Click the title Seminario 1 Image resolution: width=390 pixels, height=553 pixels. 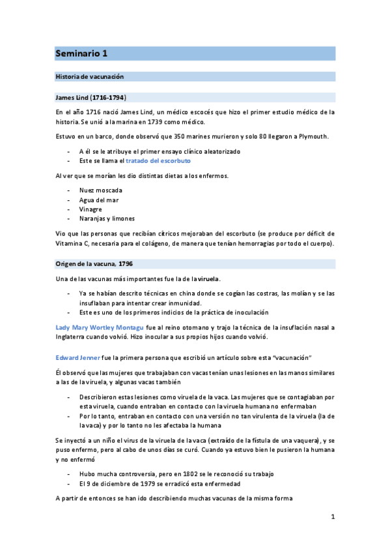click(x=81, y=53)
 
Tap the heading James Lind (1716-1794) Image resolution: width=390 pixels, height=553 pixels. click(x=91, y=98)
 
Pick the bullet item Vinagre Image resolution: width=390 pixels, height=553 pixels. click(x=91, y=209)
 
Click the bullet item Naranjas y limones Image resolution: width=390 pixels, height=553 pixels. click(x=107, y=219)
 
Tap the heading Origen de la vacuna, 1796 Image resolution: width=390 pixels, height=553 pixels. click(x=94, y=265)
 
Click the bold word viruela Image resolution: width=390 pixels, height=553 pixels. click(x=208, y=279)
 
